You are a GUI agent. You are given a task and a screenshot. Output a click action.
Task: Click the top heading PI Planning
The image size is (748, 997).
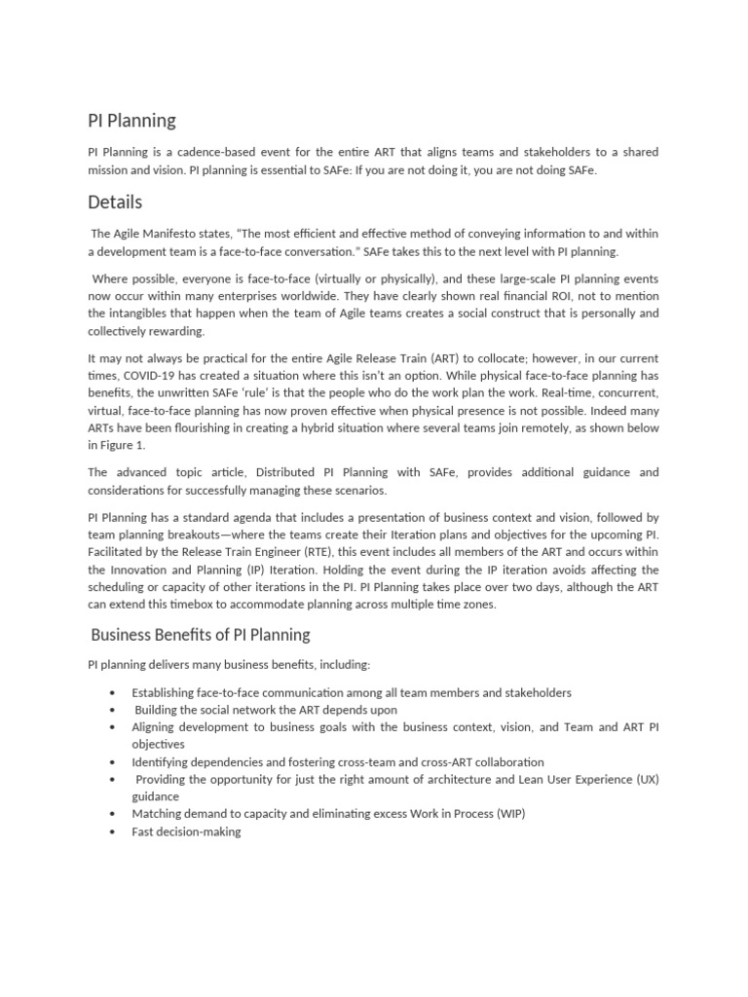coord(132,121)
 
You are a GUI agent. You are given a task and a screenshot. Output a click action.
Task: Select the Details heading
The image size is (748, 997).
coord(115,203)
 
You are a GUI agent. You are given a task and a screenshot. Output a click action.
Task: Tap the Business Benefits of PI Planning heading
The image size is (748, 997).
coord(200,635)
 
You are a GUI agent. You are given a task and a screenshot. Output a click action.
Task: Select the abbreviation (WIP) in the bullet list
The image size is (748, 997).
coord(510,814)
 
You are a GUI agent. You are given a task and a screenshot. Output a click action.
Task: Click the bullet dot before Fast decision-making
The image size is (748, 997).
coord(114,832)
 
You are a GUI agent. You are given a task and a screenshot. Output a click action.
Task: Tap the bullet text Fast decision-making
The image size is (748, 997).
coord(186,832)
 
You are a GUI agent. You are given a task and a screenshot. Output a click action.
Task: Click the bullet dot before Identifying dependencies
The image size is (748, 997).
coord(114,762)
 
